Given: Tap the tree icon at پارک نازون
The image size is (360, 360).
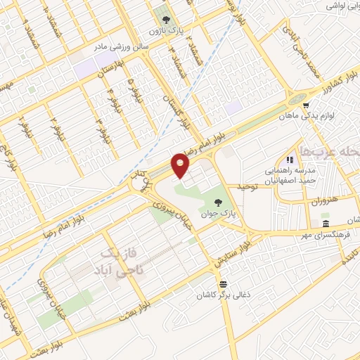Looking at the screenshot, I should [x=166, y=20].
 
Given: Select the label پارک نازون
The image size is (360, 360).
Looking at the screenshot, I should [x=166, y=32].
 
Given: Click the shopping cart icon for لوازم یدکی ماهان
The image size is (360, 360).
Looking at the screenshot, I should [x=305, y=106].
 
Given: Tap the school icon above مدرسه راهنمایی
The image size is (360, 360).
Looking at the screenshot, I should [x=288, y=159].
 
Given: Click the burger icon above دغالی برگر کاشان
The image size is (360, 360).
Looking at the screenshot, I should [x=223, y=284].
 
